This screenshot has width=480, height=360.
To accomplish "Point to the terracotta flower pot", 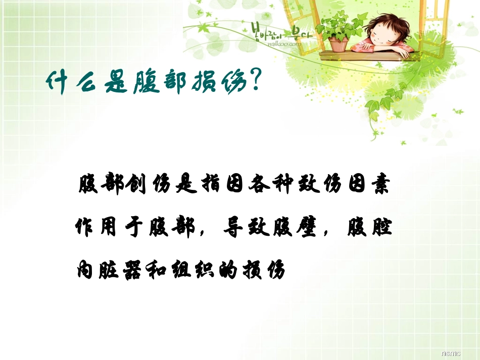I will (338, 44).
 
